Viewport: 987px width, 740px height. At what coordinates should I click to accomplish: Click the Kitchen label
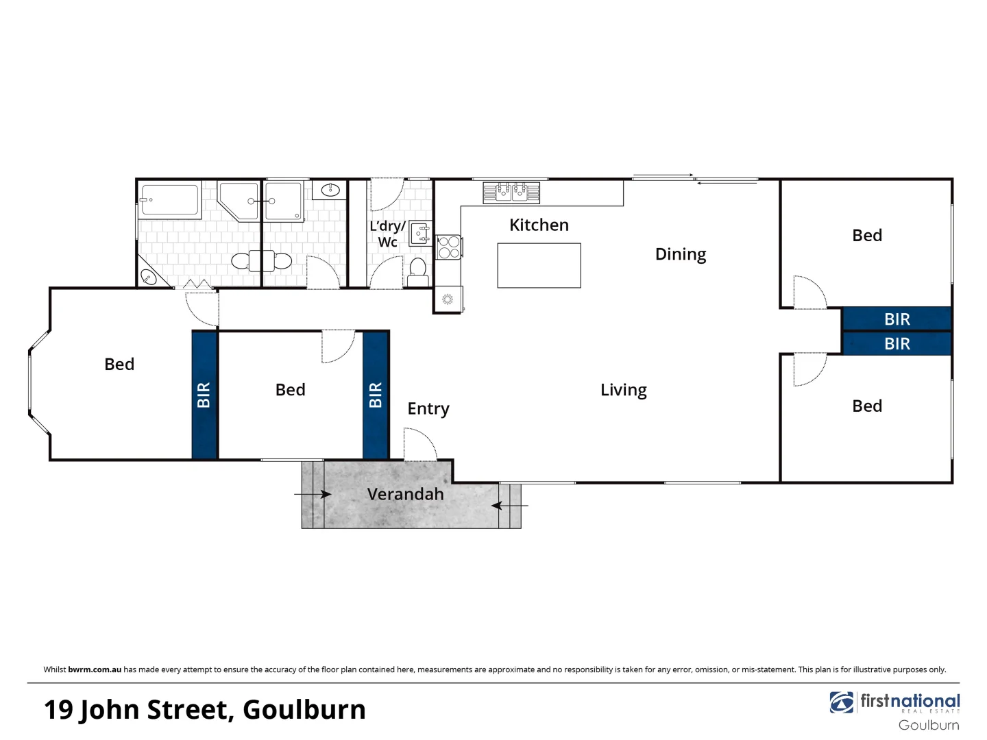point(539,225)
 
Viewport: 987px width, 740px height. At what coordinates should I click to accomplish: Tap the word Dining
point(680,254)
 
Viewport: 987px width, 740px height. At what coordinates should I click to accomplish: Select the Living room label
point(623,390)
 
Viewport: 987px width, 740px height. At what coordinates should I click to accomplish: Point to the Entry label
point(428,409)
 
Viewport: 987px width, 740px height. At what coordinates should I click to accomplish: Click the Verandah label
point(405,494)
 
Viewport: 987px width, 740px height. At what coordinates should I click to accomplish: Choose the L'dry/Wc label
point(387,234)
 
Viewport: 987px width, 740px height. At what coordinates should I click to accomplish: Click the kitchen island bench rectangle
point(539,265)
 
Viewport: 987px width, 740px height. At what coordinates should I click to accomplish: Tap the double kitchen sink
point(511,193)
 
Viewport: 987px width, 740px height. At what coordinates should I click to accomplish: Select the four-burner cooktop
point(449,247)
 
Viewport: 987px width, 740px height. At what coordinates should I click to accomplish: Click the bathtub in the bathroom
point(170,200)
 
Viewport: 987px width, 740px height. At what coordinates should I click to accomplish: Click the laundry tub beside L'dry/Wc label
point(419,234)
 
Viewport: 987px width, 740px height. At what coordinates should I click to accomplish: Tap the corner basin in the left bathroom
point(148,276)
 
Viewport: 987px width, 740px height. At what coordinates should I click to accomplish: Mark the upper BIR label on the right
point(897,319)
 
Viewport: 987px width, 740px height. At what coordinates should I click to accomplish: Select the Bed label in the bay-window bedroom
point(119,365)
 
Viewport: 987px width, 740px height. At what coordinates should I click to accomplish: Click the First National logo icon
point(841,702)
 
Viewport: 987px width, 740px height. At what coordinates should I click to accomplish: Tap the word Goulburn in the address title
point(304,710)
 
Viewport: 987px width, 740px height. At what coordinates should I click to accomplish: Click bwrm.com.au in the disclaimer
point(95,669)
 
